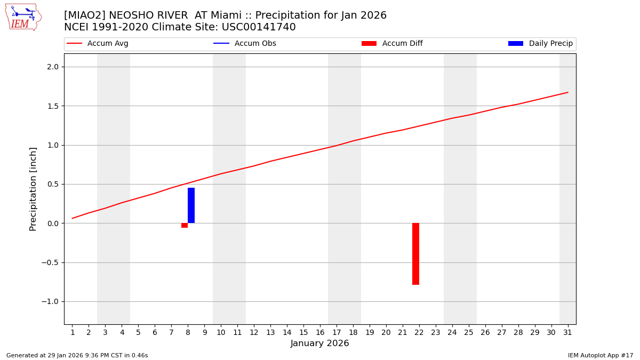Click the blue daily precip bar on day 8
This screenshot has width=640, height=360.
(x=191, y=205)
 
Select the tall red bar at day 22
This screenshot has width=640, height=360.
(x=415, y=254)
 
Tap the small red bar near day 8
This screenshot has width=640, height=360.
(x=185, y=226)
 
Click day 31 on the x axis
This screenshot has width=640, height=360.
(x=567, y=332)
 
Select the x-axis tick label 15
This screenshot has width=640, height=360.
(x=303, y=332)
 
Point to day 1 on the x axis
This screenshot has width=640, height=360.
(x=73, y=332)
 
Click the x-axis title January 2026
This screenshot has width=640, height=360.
(x=320, y=343)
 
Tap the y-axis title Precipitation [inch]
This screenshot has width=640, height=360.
(x=33, y=189)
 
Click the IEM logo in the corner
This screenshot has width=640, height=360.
(x=23, y=17)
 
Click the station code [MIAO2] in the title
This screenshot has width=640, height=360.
(x=84, y=15)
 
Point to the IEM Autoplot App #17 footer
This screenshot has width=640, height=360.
(x=601, y=355)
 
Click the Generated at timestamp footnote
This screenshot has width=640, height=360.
(x=77, y=355)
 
